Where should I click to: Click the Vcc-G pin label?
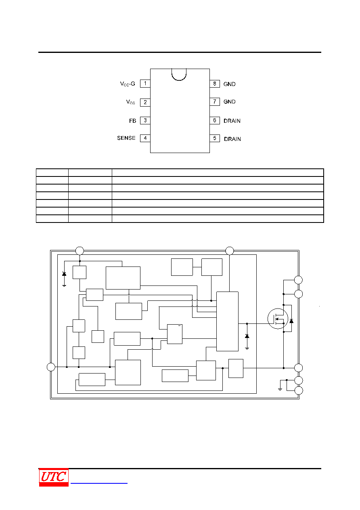(128, 84)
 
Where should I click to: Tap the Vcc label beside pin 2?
(131, 102)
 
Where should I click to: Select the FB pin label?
(132, 121)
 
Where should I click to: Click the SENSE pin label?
(126, 138)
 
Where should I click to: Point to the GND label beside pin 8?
(229, 84)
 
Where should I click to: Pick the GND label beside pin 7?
(229, 101)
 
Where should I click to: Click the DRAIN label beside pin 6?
(232, 121)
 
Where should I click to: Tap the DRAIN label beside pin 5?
(232, 139)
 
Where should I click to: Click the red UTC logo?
(54, 477)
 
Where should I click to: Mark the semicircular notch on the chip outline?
(179, 80)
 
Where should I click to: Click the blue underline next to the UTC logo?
(99, 483)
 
